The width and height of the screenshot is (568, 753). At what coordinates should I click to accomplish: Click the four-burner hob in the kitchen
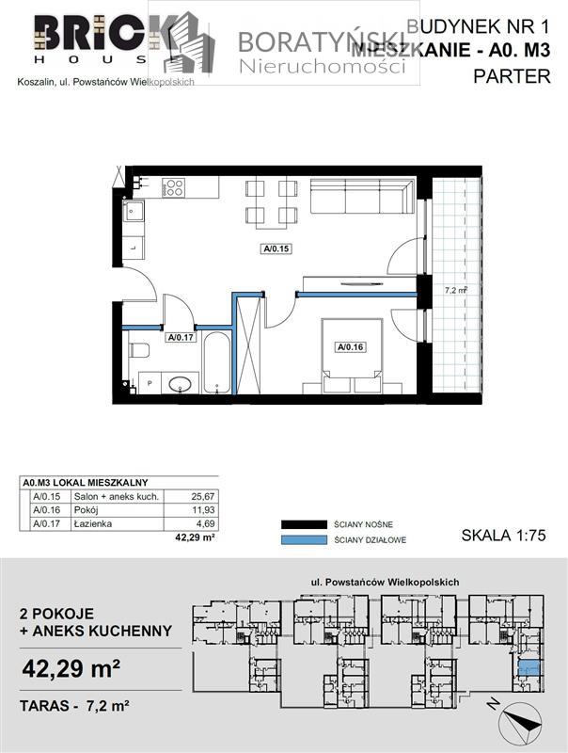[x=173, y=187]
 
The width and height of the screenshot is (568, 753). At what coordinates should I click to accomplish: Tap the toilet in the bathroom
[x=139, y=352]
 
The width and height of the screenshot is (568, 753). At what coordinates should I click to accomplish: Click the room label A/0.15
[x=276, y=249]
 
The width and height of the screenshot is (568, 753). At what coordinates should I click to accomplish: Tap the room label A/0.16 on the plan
[x=351, y=346]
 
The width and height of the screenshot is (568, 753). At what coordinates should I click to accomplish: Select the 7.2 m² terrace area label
[x=456, y=291]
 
